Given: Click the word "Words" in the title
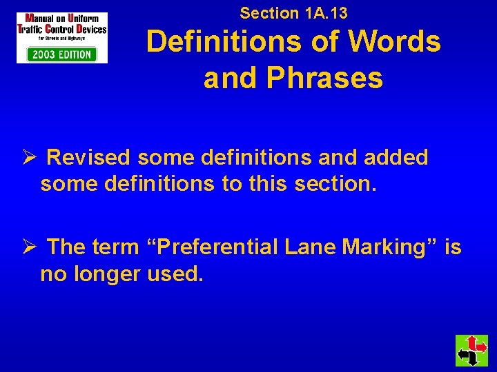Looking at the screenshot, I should [x=394, y=42].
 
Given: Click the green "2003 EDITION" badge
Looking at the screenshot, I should [x=61, y=54].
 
